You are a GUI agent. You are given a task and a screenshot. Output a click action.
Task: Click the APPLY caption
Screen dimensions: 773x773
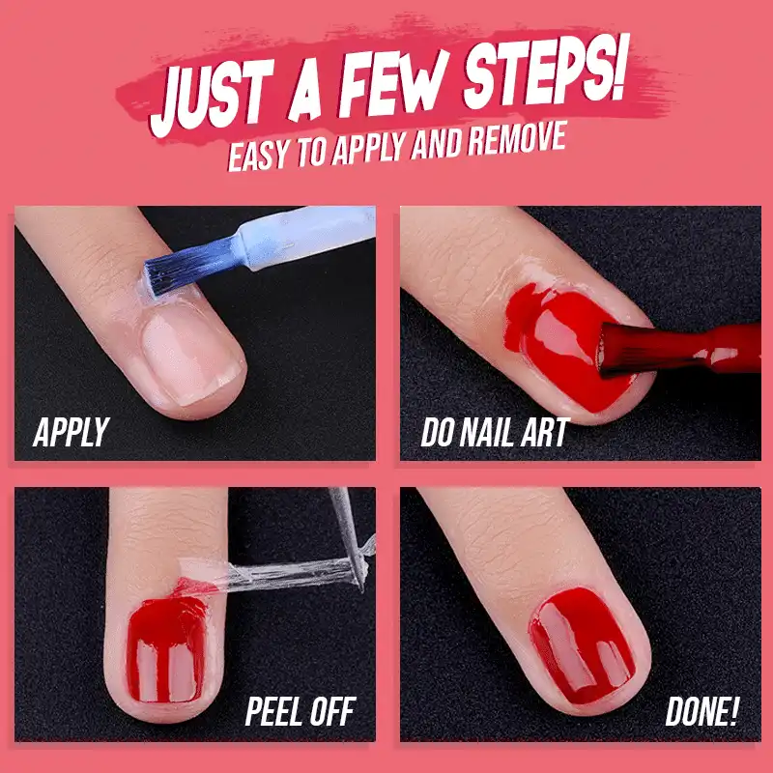pos(71,432)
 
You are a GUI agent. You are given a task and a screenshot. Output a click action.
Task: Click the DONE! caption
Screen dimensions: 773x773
pos(702,711)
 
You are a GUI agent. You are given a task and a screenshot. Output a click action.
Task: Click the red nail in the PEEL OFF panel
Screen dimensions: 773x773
pos(165,650)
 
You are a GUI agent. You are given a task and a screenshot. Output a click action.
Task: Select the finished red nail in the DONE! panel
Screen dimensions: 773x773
pos(582,644)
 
